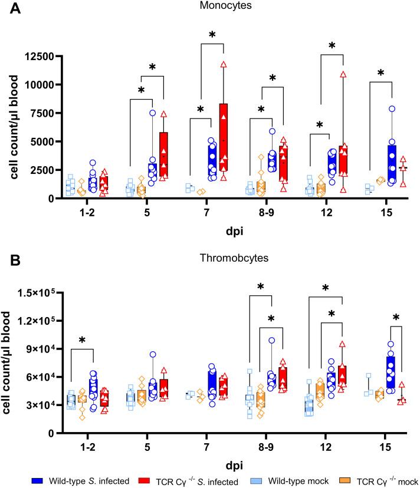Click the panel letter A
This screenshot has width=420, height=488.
(x=10, y=10)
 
